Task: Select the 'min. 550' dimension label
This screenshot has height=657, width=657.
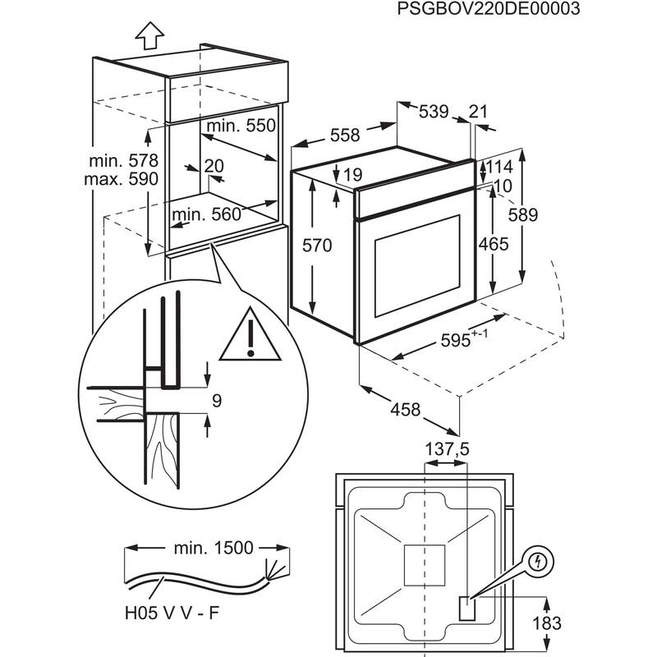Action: tap(239, 126)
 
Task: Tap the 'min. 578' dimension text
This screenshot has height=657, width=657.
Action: tap(126, 161)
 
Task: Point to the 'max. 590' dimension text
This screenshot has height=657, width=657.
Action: tap(126, 179)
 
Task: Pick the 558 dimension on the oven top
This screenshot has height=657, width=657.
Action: tap(344, 136)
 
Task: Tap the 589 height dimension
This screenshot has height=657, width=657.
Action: tap(544, 215)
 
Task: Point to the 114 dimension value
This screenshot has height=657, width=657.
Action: tap(499, 168)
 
